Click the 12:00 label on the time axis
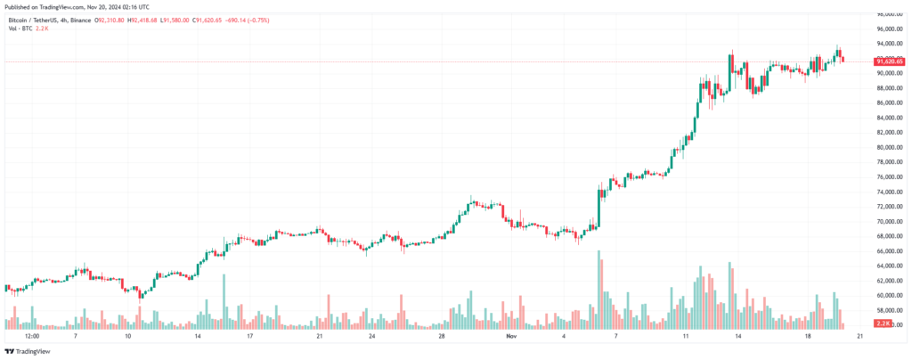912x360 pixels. (32, 338)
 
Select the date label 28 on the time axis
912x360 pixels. (441, 338)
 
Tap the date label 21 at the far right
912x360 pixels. (859, 338)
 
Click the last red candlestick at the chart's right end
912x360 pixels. (843, 59)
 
